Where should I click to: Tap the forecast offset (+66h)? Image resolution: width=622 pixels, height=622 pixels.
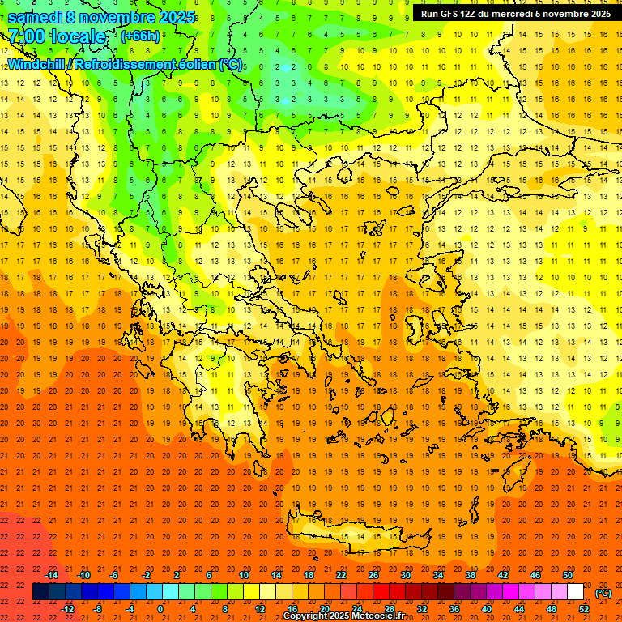pos(140,36)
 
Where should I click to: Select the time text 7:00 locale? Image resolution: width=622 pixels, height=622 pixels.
pos(57,36)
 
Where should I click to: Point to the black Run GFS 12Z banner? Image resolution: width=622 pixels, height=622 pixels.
pos(515,14)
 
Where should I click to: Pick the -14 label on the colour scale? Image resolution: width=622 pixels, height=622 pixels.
pos(51,575)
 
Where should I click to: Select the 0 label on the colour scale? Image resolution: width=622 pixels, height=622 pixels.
pos(160,609)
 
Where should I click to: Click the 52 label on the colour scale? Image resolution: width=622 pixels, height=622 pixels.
pos(583,609)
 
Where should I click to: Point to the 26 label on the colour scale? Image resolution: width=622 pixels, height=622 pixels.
pos(373,575)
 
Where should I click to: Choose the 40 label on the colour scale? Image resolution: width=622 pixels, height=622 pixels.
pos(486,609)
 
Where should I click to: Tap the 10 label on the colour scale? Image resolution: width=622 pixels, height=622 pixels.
pos(243,575)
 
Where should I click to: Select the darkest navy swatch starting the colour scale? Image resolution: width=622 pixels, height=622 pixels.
pos(40,592)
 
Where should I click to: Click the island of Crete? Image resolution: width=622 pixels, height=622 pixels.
pos(356,531)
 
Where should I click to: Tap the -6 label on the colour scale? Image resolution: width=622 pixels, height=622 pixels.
pos(114,575)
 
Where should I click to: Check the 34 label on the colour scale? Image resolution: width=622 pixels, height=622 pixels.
pos(437,575)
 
